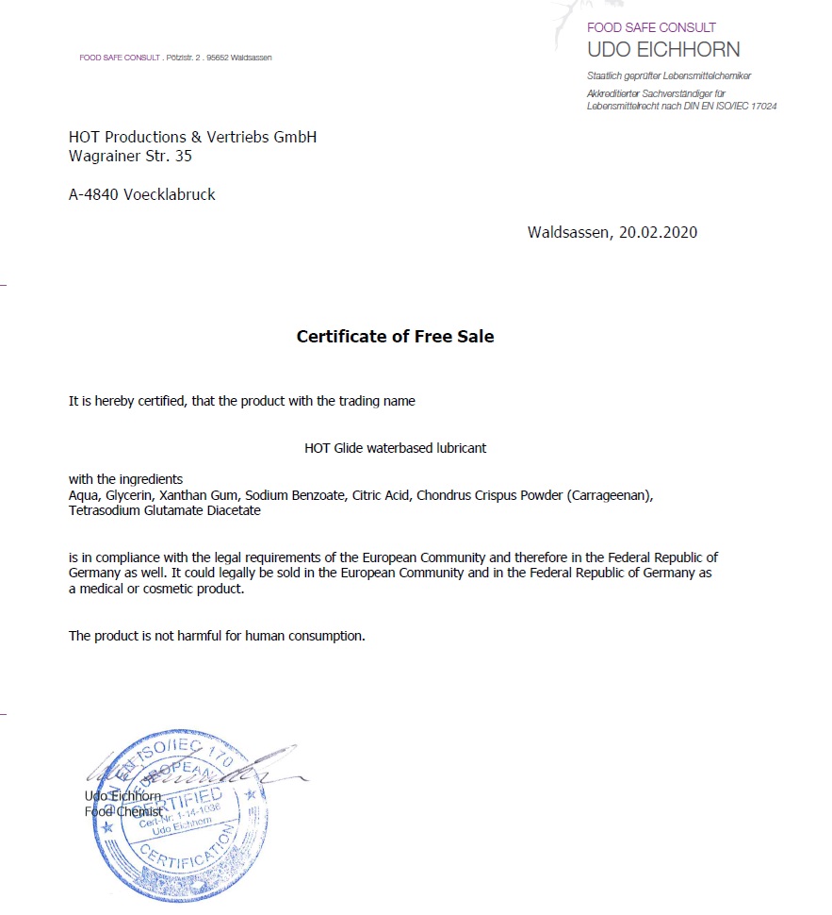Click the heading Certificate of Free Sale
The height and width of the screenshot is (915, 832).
pyautogui.click(x=395, y=337)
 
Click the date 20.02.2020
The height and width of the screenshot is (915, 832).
pyautogui.click(x=658, y=232)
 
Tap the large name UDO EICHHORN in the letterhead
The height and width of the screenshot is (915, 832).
pyautogui.click(x=663, y=50)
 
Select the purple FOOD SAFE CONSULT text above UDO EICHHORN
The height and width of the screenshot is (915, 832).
pyautogui.click(x=651, y=27)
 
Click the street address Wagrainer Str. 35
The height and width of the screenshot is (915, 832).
pyautogui.click(x=130, y=157)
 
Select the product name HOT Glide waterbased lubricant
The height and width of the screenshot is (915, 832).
pyautogui.click(x=395, y=448)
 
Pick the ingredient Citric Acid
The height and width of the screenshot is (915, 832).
pyautogui.click(x=381, y=495)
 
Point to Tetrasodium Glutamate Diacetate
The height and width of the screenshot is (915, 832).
pyautogui.click(x=165, y=511)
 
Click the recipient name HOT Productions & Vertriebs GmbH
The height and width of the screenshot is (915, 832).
pyautogui.click(x=192, y=138)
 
